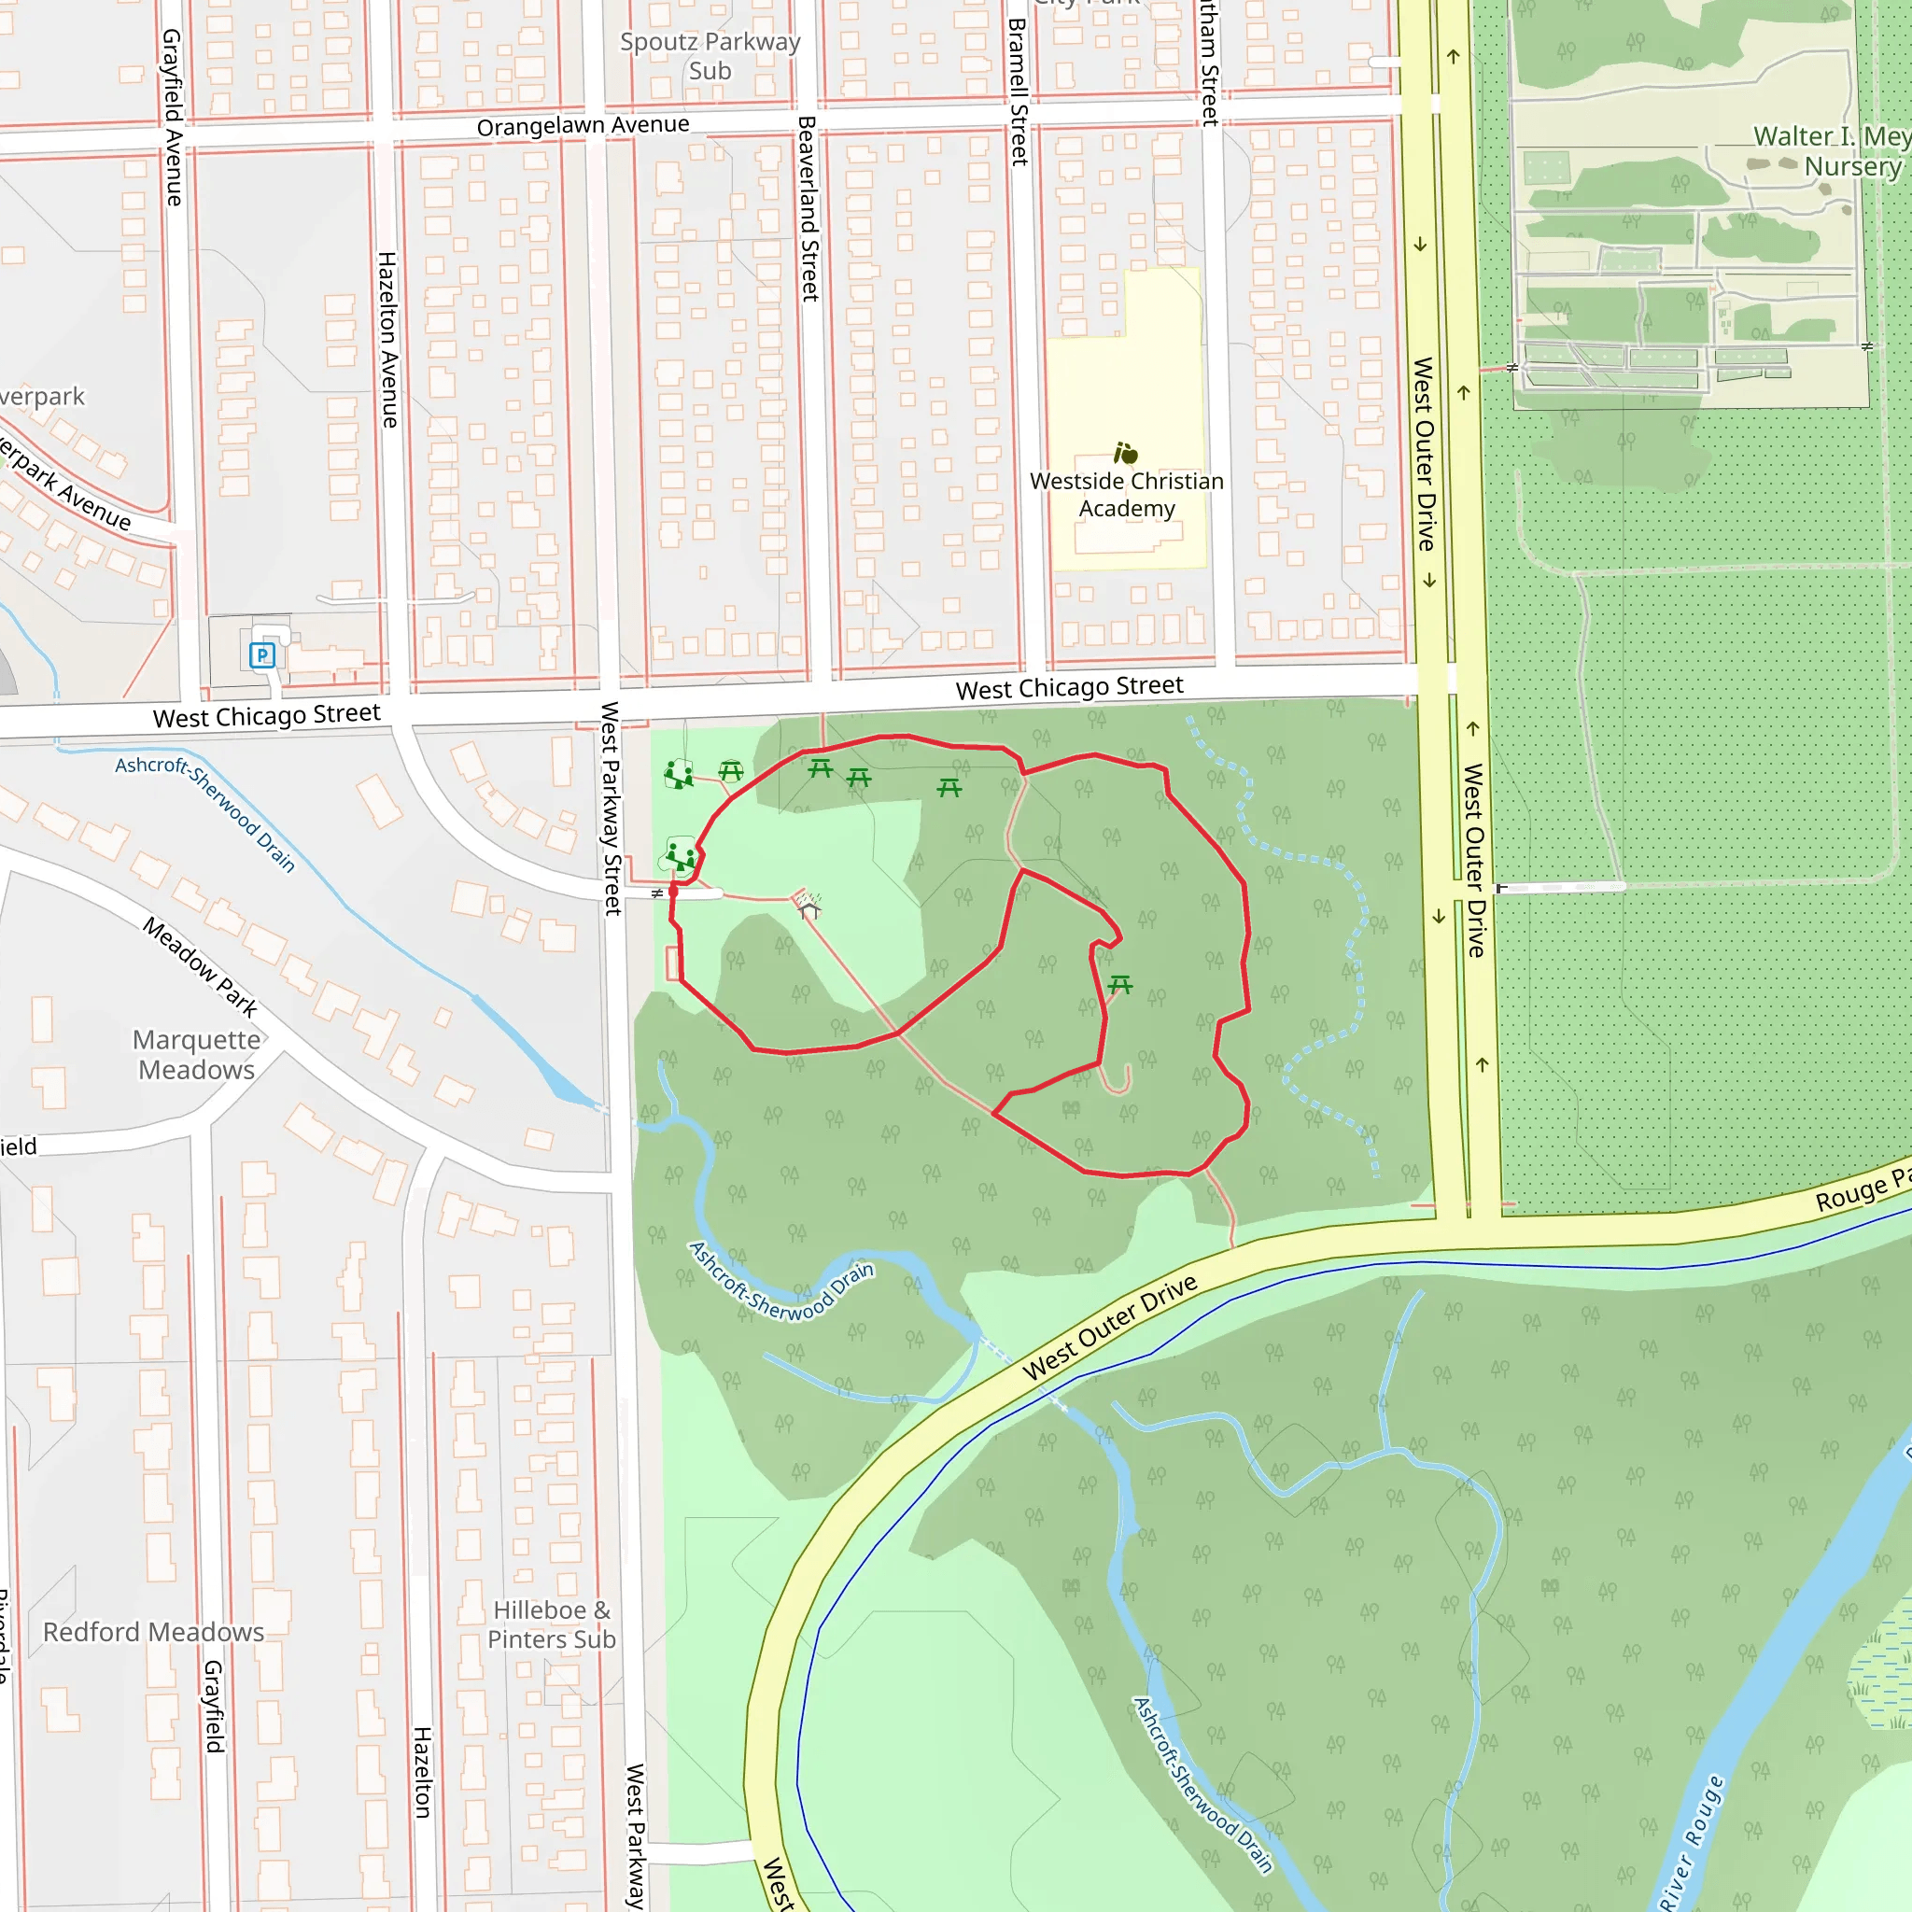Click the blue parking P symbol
click(x=262, y=654)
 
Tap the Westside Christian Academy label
click(x=1126, y=495)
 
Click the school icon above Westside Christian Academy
click(x=1125, y=453)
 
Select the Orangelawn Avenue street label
click(x=583, y=126)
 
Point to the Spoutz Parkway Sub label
click(x=710, y=56)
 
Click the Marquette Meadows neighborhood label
click(x=197, y=1054)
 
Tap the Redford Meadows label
click(x=153, y=1632)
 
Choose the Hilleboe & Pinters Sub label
click(x=553, y=1625)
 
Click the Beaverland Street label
click(x=808, y=208)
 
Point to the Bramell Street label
click(x=1019, y=91)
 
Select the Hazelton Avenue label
click(x=388, y=340)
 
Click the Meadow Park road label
click(x=200, y=967)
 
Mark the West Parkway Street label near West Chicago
click(x=611, y=808)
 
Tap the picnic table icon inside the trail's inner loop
click(x=1120, y=984)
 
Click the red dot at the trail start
click(x=673, y=891)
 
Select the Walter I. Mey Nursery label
click(x=1831, y=150)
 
